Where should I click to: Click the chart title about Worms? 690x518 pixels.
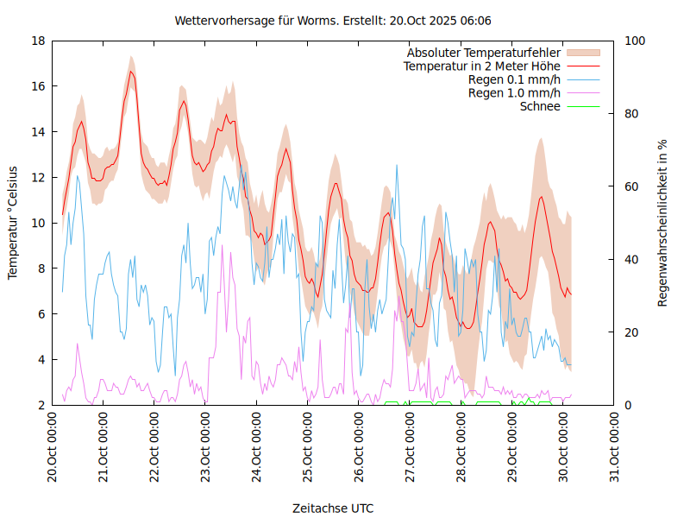tap(333, 20)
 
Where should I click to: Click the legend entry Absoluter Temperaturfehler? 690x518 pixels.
tap(484, 53)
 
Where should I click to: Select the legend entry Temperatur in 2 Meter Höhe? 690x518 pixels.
tap(482, 66)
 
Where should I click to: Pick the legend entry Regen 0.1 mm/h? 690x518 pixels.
tap(514, 79)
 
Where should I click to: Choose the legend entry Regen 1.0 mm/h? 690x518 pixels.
tap(514, 92)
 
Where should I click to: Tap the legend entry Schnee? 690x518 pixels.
tap(540, 106)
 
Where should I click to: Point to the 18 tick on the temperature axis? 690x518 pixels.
tap(38, 41)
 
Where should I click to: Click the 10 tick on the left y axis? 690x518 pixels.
tap(38, 223)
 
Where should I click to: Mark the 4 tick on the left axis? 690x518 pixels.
tap(41, 359)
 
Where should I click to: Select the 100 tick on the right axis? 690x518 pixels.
tap(635, 41)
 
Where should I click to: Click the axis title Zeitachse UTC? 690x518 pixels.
tap(333, 508)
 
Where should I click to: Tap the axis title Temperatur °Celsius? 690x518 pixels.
tap(13, 223)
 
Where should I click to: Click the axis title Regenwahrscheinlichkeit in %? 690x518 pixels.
tap(662, 223)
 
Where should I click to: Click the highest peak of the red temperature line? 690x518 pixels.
tap(131, 72)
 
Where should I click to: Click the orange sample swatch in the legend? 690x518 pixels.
tap(582, 53)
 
